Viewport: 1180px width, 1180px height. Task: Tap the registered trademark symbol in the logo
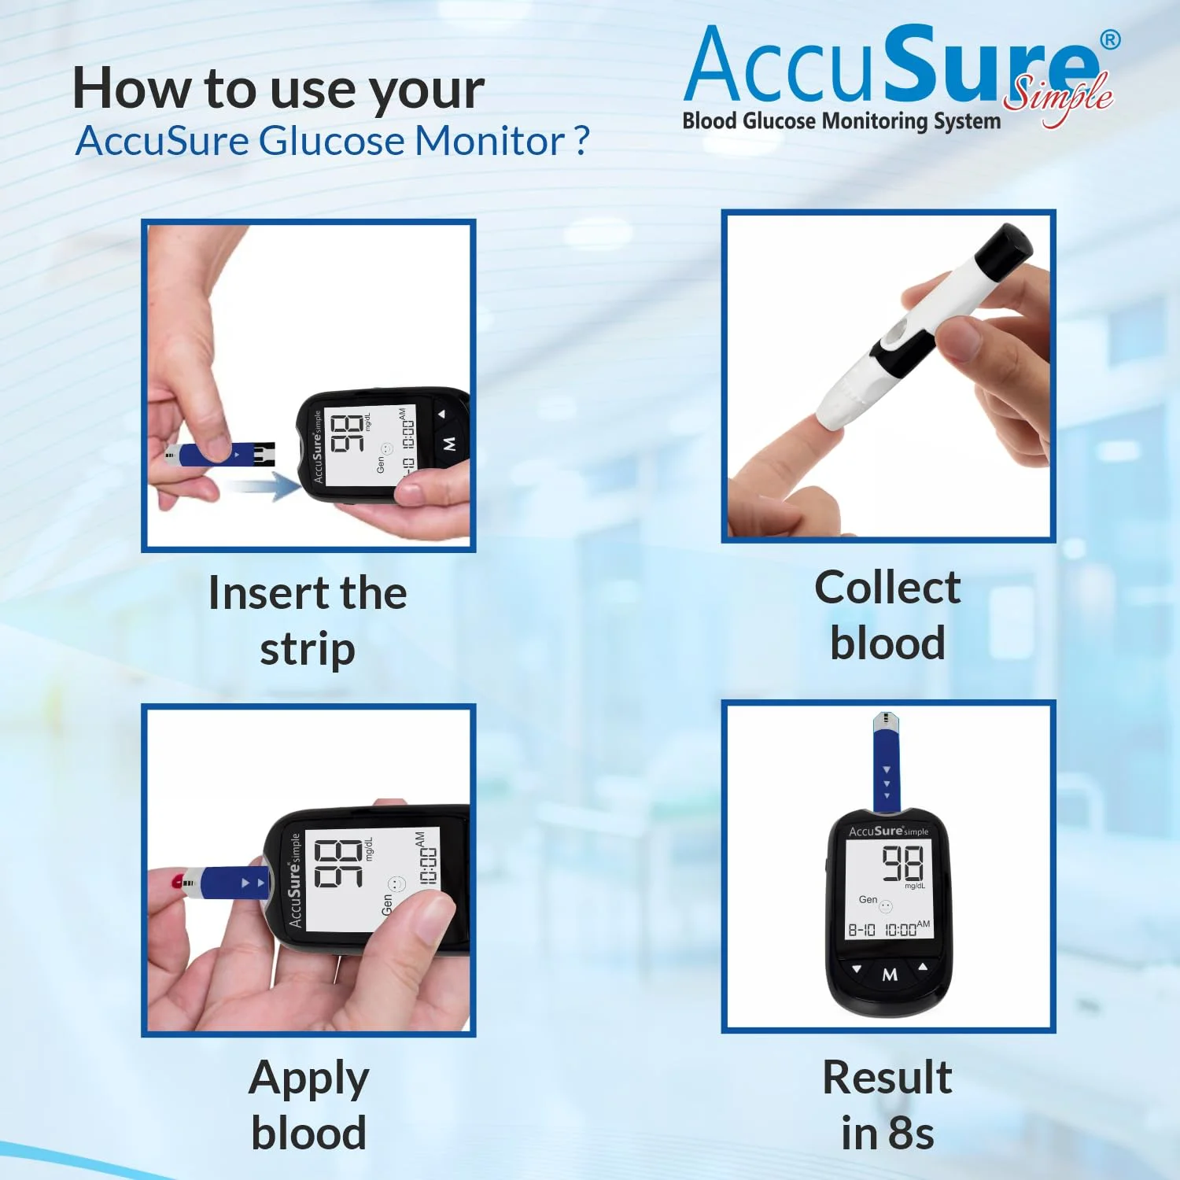click(1110, 40)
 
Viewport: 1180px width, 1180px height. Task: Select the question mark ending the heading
click(581, 142)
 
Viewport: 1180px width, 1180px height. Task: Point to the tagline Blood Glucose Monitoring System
click(842, 121)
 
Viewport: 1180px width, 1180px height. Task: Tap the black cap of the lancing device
click(1004, 253)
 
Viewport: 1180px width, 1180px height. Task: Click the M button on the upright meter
click(890, 975)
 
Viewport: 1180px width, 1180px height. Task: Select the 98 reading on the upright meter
click(902, 863)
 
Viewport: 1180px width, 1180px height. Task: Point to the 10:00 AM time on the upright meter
click(907, 929)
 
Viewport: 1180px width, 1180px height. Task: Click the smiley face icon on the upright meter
click(886, 906)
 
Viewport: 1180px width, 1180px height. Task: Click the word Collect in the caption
click(887, 588)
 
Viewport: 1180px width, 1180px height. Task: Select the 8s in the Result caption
click(911, 1134)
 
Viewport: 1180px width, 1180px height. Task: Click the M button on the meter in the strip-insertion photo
click(449, 444)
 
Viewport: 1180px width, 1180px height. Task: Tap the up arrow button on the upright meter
click(923, 966)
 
